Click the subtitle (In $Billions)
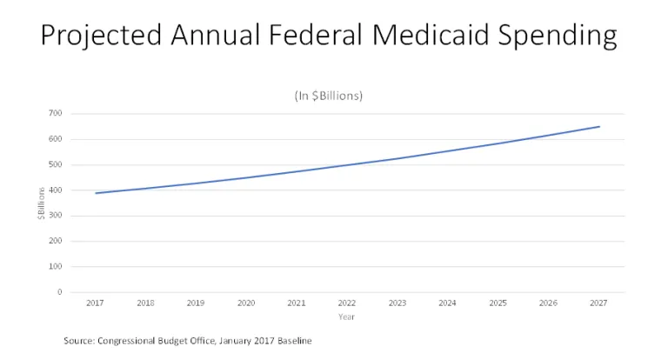[328, 95]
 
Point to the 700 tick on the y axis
[56, 114]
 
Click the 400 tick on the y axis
[56, 190]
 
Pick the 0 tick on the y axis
[59, 292]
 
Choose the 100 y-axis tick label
[56, 267]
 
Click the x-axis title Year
[347, 317]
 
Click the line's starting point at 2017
[96, 193]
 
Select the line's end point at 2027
[599, 127]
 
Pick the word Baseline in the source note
[292, 341]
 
